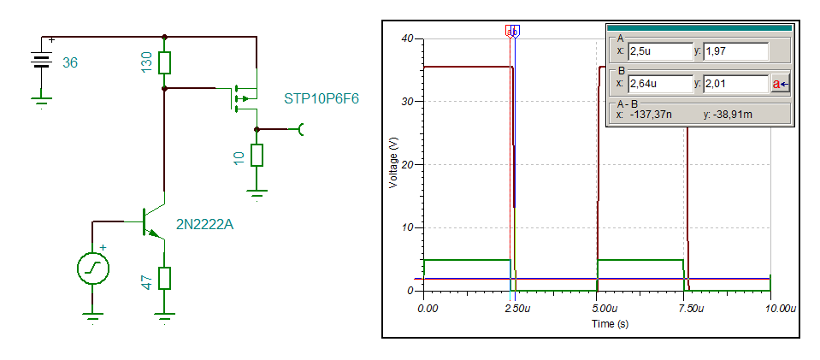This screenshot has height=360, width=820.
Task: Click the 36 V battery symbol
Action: click(39, 62)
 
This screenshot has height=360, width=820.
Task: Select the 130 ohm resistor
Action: click(165, 62)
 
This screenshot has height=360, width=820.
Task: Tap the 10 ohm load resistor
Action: click(257, 155)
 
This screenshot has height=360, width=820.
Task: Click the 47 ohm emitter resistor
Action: click(164, 278)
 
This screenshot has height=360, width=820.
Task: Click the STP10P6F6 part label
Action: click(321, 98)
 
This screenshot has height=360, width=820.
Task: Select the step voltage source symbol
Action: click(91, 269)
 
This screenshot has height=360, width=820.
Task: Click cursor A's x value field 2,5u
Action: click(659, 51)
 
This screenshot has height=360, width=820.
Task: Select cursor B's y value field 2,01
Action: click(734, 84)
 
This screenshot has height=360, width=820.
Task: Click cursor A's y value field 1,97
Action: click(734, 51)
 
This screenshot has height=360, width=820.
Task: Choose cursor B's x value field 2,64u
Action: click(659, 84)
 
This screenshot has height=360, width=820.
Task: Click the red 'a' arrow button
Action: click(780, 84)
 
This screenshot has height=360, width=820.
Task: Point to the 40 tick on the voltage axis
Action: click(407, 38)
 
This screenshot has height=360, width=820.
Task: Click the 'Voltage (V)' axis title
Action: click(393, 164)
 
